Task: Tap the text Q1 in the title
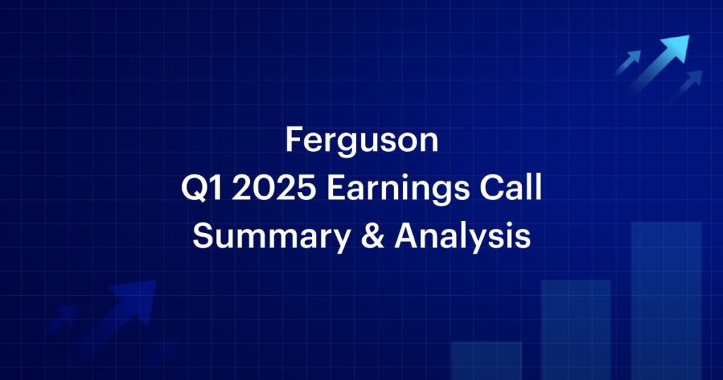pos(201,188)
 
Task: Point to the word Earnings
pos(398,189)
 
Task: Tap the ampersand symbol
pos(373,235)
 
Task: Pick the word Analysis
pos(462,237)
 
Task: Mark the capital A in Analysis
pos(407,235)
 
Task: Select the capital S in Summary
pos(203,236)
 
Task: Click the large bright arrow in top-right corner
pos(660,61)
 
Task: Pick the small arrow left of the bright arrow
pos(628,62)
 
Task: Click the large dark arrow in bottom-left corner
pos(124,309)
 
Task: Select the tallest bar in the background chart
pos(667,301)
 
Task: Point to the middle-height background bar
pos(576,330)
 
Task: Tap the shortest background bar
pos(486,361)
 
